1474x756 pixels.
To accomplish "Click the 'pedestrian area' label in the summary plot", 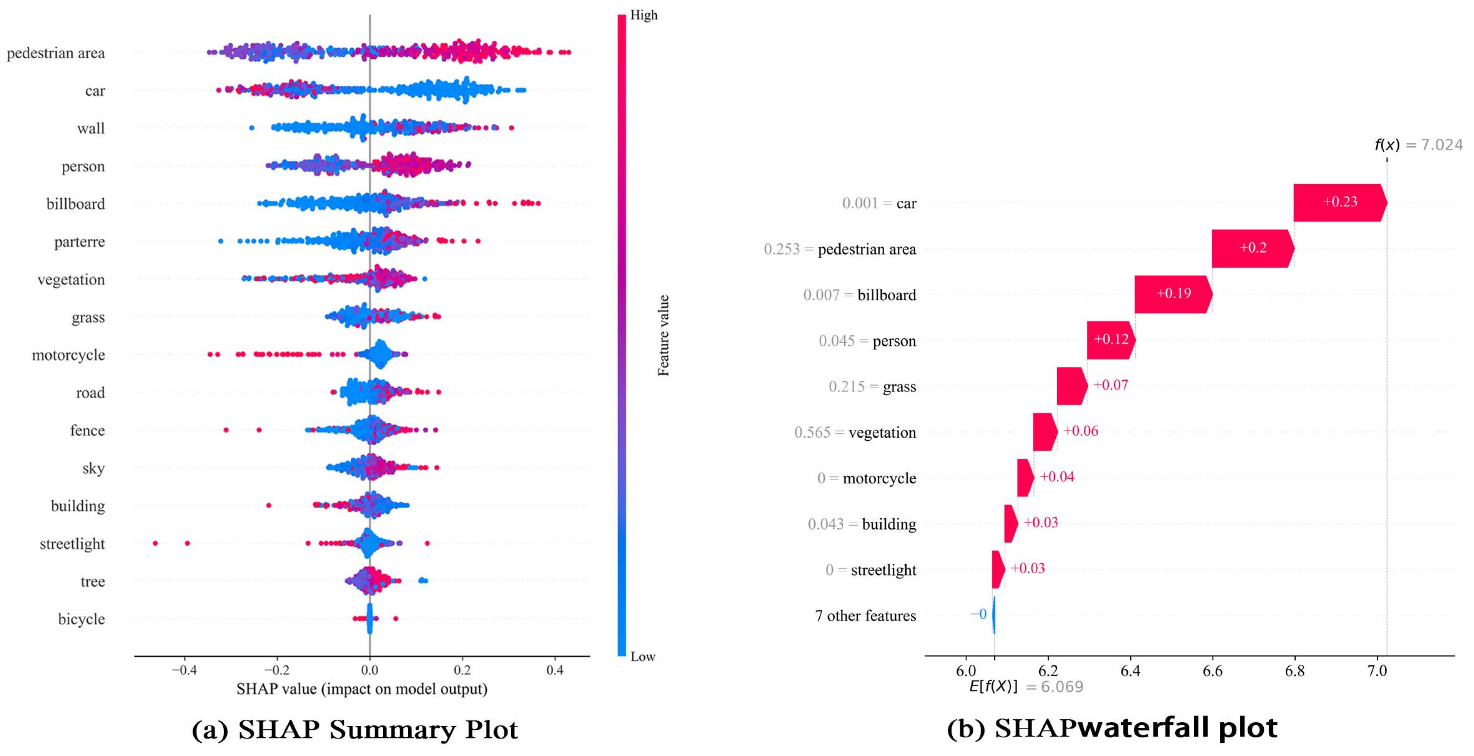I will click(56, 53).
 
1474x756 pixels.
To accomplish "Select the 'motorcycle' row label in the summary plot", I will click(68, 355).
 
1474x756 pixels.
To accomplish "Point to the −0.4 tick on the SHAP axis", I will click(184, 670).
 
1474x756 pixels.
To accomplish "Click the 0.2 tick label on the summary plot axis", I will click(462, 670).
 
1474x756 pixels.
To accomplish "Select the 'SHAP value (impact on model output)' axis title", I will click(362, 689).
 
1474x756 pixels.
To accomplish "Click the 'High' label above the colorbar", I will click(644, 15).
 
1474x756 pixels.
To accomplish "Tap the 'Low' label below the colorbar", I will click(643, 656).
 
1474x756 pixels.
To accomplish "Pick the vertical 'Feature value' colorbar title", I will click(663, 335).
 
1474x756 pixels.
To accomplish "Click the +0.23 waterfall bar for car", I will click(1339, 202).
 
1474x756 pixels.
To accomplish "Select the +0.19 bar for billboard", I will click(1173, 293).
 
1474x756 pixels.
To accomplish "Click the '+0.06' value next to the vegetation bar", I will click(1081, 431).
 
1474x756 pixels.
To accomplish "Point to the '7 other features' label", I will click(865, 616).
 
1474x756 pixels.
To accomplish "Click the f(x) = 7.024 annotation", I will click(1418, 145).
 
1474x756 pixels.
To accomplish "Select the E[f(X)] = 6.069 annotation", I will click(1025, 686).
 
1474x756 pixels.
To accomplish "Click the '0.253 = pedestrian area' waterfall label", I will click(839, 249).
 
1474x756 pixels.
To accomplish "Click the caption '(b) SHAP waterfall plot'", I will click(1112, 728).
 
